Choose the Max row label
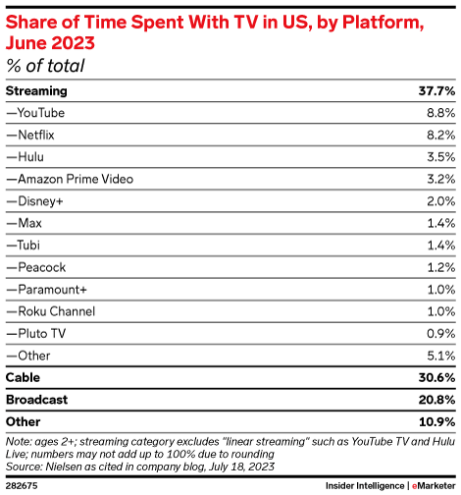click(x=24, y=223)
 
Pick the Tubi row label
click(x=25, y=245)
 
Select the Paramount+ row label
click(x=44, y=289)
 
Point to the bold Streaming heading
click(x=36, y=90)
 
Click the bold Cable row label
click(x=24, y=377)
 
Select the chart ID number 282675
click(x=22, y=484)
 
